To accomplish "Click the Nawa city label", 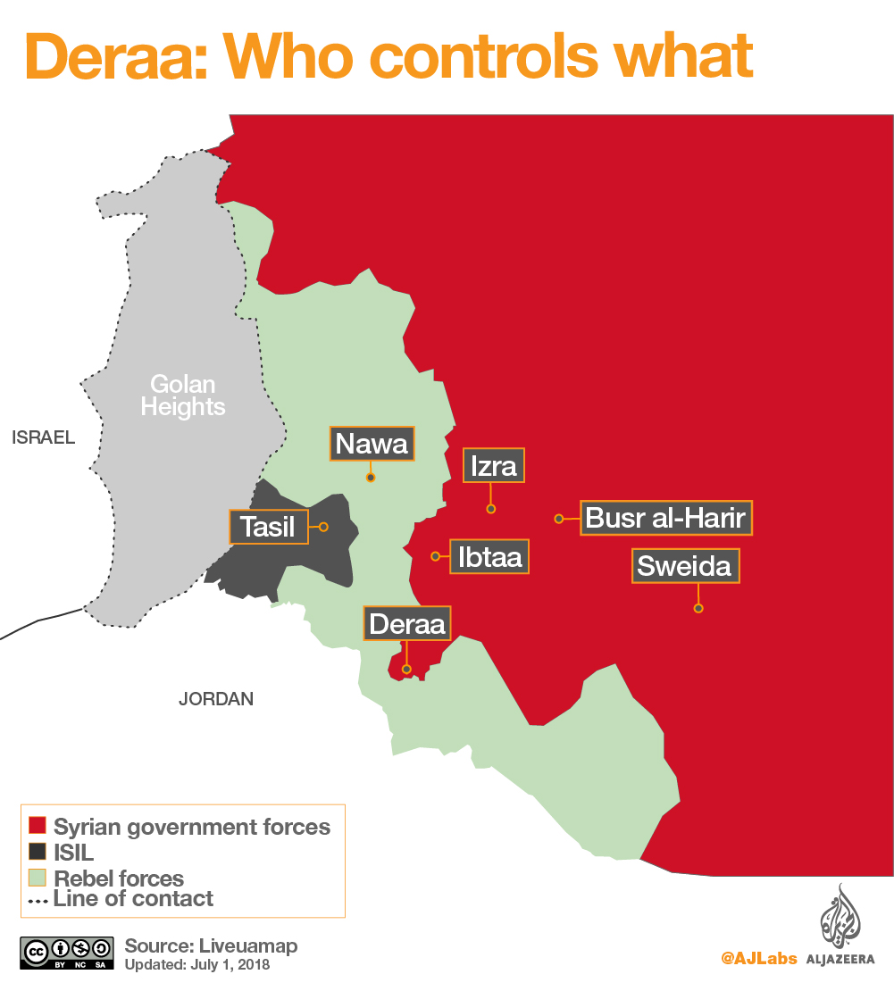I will [x=372, y=444].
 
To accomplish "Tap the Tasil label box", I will [x=269, y=527].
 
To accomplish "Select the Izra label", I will [x=494, y=466].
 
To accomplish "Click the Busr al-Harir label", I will [x=666, y=518].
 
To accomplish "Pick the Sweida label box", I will [x=685, y=566].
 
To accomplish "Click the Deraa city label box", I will [x=407, y=623].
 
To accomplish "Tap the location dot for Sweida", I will [x=698, y=609].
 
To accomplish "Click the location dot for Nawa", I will [x=371, y=478].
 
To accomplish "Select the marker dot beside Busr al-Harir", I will [x=558, y=518].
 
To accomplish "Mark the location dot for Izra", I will [x=490, y=509].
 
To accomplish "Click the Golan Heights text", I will [x=183, y=396].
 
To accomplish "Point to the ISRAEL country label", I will [x=44, y=437].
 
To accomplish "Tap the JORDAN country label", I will [x=216, y=699].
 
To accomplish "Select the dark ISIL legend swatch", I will [x=38, y=852].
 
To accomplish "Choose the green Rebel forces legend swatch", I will [x=38, y=878].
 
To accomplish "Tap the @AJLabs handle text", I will [x=759, y=959].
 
